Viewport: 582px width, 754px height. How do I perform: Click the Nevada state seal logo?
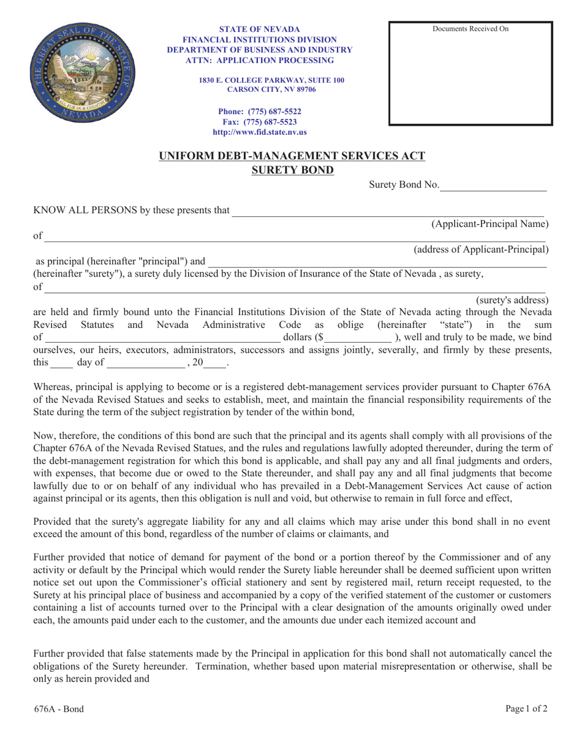(84, 75)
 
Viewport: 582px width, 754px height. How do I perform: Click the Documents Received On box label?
(471, 29)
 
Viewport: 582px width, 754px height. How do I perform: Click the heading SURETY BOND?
(293, 169)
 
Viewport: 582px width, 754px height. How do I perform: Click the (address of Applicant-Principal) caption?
(481, 249)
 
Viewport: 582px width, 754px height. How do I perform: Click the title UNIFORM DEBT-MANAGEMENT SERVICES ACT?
(292, 156)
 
